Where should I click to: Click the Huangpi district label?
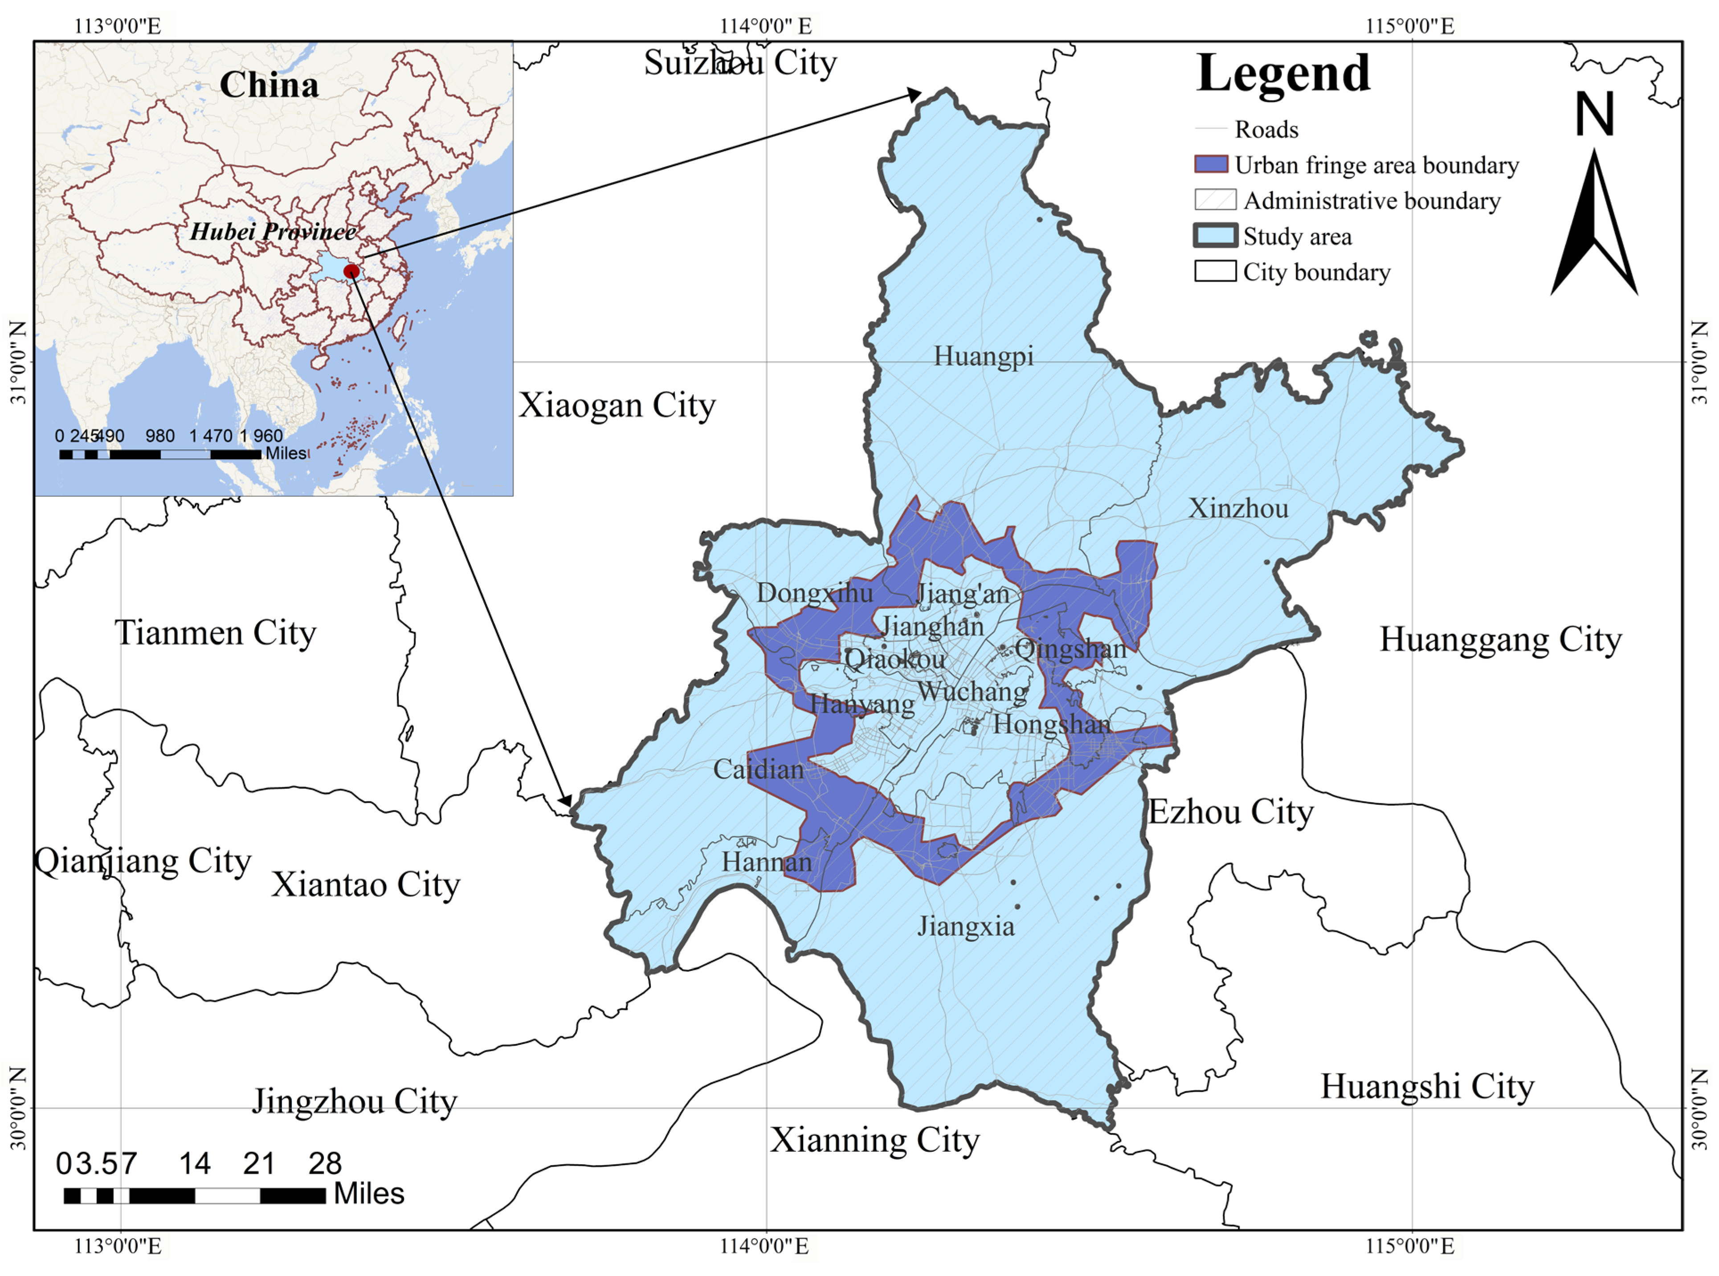983,356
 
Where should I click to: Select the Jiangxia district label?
966,926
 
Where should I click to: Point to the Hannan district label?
767,862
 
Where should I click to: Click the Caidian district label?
758,769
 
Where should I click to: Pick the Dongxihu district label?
814,593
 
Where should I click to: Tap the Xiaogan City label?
617,405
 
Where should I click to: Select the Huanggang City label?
1500,640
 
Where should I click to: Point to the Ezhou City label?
1231,812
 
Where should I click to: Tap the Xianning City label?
874,1140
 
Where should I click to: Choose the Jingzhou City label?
355,1101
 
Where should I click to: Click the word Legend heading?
1283,73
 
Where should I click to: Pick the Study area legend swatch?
1214,236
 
